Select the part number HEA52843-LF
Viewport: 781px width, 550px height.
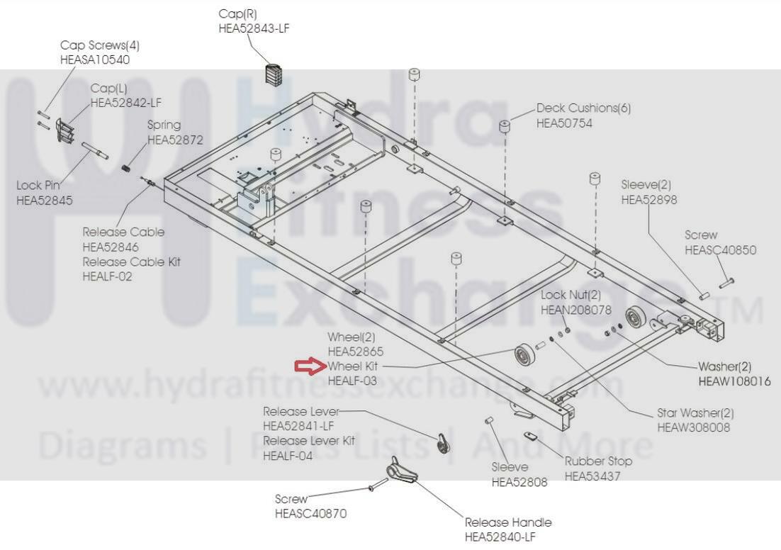pyautogui.click(x=254, y=28)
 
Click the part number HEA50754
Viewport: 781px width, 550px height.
pyautogui.click(x=564, y=123)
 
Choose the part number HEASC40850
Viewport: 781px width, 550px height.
pyautogui.click(x=720, y=250)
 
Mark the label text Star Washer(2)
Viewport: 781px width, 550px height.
pyautogui.click(x=695, y=412)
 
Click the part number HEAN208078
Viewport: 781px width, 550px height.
pyautogui.click(x=575, y=310)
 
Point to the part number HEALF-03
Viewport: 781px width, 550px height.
pyautogui.click(x=352, y=381)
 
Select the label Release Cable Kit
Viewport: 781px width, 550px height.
pyautogui.click(x=131, y=262)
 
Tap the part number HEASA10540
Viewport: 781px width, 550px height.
pyautogui.click(x=95, y=60)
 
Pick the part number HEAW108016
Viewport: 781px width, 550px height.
pyautogui.click(x=734, y=382)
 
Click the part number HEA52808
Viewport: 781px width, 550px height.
pyautogui.click(x=519, y=483)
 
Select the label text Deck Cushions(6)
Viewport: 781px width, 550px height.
pyautogui.click(x=583, y=108)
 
